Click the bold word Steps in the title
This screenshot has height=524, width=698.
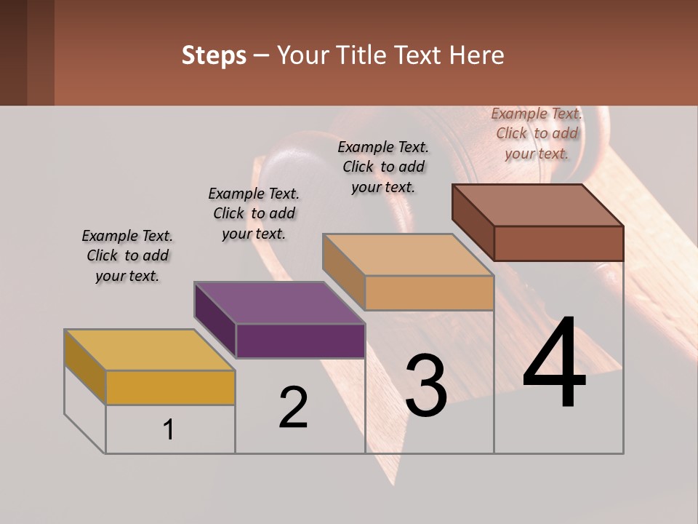pos(214,55)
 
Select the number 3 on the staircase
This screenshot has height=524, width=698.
pos(425,386)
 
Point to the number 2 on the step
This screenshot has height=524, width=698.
pos(293,408)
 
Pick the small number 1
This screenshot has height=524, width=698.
pos(169,430)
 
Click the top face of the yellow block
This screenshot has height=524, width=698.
pos(149,350)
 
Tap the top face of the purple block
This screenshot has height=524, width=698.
pos(278,303)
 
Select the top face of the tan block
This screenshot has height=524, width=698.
pos(408,255)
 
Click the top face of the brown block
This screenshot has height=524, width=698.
pos(537,205)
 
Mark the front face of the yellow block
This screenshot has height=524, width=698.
pos(170,387)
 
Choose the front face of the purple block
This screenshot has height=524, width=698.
pos(300,341)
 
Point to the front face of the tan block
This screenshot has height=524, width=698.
pos(429,293)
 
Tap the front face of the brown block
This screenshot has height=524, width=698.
pos(558,243)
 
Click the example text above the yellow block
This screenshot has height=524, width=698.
pos(127,255)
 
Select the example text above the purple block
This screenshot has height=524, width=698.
pos(254,213)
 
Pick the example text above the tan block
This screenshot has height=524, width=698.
pos(383,167)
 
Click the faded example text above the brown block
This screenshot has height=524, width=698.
pos(537,133)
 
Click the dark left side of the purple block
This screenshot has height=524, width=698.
pos(215,320)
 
